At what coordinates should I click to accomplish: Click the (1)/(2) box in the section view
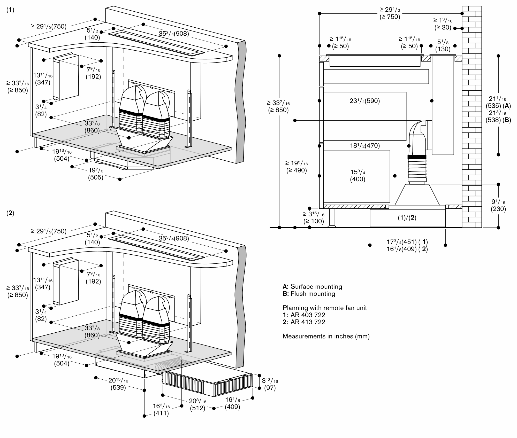(x=407, y=218)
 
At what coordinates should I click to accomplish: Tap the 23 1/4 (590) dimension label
(x=364, y=101)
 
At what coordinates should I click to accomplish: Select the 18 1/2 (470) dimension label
(x=365, y=146)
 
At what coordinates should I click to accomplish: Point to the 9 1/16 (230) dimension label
(x=498, y=205)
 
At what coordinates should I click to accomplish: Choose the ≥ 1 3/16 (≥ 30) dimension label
(x=443, y=24)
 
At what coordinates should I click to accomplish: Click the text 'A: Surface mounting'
(x=312, y=286)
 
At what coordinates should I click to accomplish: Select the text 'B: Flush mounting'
(x=309, y=294)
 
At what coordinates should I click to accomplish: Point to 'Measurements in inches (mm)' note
(x=326, y=336)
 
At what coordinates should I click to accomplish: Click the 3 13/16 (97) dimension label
(x=270, y=384)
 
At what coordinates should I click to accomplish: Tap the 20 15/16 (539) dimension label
(x=118, y=384)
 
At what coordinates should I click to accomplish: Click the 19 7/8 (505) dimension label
(x=96, y=174)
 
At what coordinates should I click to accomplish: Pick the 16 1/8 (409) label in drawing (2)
(x=232, y=403)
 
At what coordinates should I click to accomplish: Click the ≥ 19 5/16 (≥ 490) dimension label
(x=296, y=167)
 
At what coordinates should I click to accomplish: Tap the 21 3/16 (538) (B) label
(x=498, y=116)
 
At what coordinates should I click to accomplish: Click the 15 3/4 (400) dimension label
(x=358, y=176)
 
